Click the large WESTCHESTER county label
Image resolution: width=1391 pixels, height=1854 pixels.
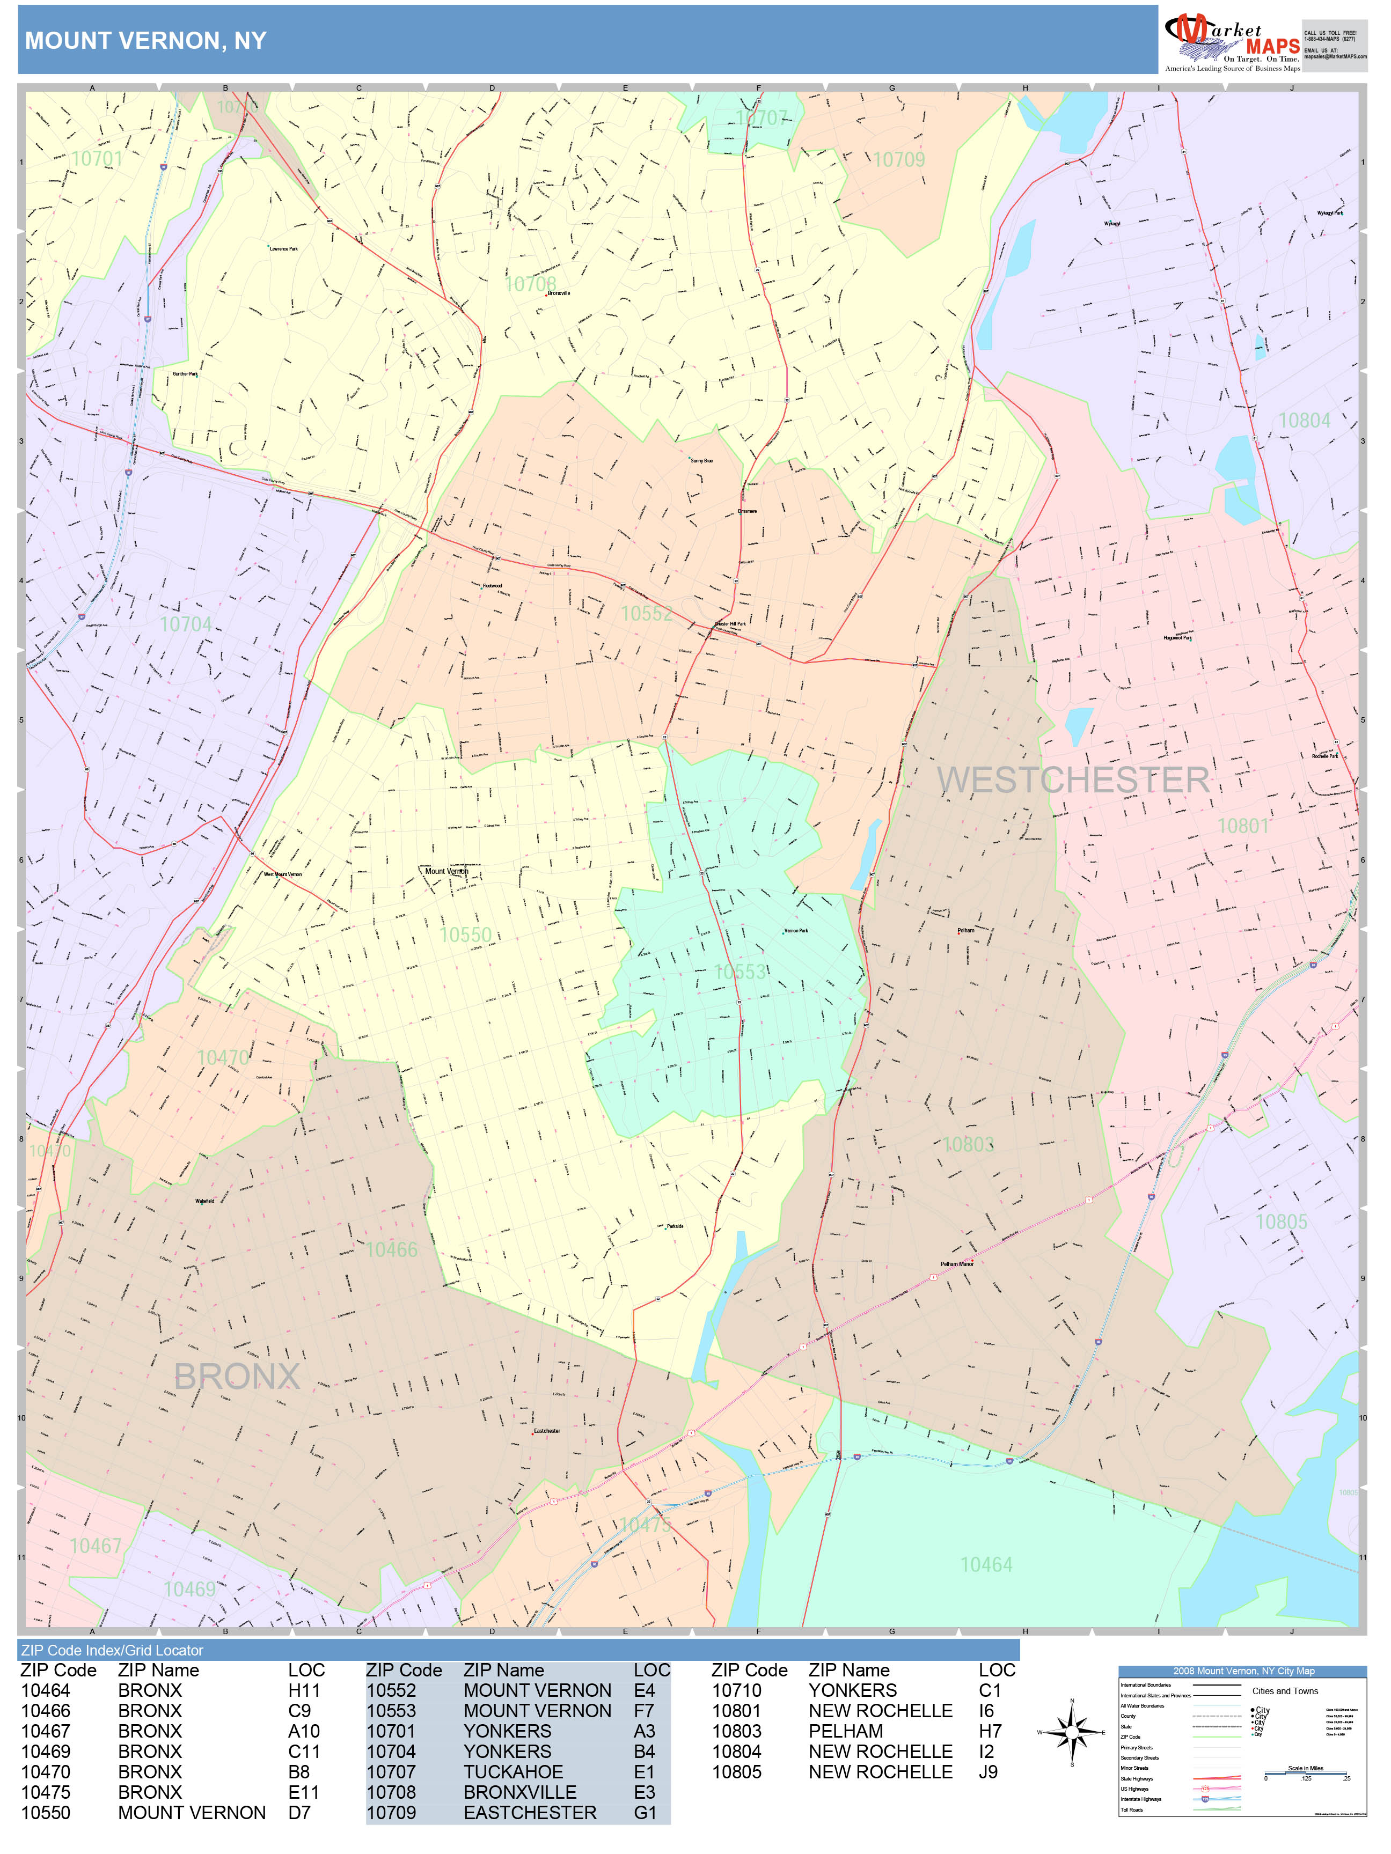tap(1073, 781)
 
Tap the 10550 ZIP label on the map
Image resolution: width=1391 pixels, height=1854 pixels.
tap(465, 935)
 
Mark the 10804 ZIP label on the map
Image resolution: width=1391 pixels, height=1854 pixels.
tap(1304, 420)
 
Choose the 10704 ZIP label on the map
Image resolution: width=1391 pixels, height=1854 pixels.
tap(186, 624)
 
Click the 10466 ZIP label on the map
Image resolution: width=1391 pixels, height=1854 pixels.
tap(392, 1250)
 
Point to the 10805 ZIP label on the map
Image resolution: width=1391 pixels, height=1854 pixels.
tap(1281, 1222)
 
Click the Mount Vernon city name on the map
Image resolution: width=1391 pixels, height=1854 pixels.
tap(446, 871)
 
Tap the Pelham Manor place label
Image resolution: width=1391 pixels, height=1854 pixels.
tap(957, 1264)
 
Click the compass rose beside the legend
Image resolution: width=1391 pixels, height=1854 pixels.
tap(1072, 1732)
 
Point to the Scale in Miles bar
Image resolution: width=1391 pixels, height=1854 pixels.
tap(1306, 1772)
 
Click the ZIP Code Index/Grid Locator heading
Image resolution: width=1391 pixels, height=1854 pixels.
tap(112, 1650)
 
